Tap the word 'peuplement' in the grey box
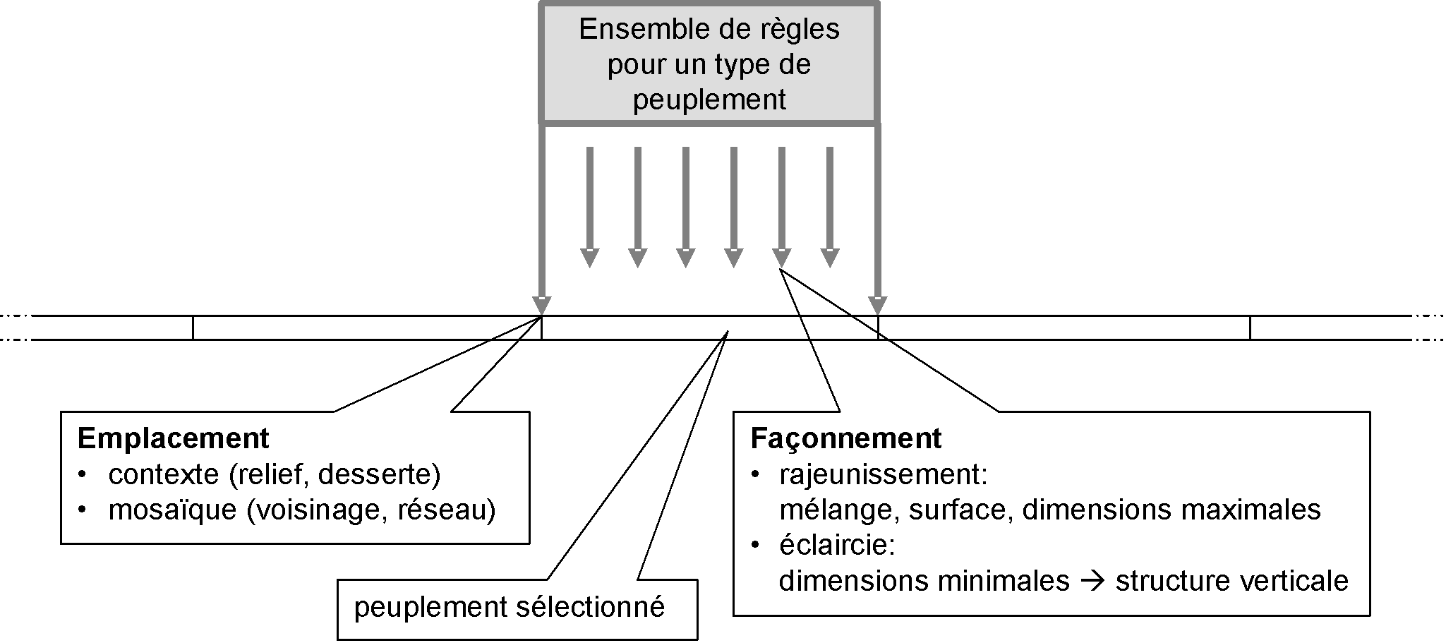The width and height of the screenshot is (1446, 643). click(709, 100)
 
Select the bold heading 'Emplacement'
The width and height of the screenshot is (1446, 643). click(173, 439)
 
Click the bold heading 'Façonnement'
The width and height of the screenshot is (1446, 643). click(845, 439)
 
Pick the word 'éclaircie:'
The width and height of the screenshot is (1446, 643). click(838, 546)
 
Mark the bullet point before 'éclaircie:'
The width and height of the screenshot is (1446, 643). click(756, 546)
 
